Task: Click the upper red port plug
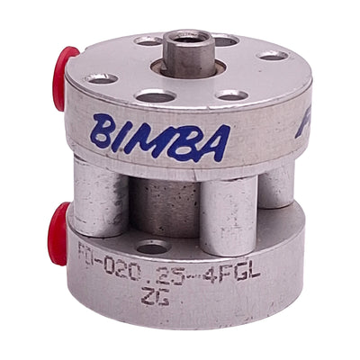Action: coord(65,78)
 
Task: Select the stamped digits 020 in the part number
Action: coord(126,267)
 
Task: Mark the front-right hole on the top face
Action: coord(231,94)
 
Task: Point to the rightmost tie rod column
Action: coord(276,184)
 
